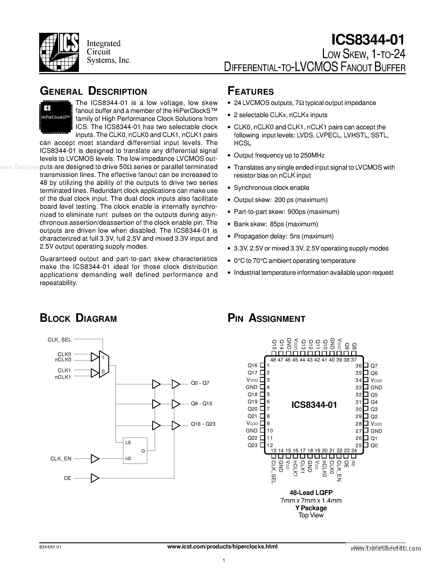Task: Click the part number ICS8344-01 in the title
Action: point(368,40)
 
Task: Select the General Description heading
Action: point(93,91)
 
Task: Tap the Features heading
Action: point(251,91)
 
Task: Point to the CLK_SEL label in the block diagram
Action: point(59,340)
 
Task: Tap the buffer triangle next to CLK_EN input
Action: point(95,459)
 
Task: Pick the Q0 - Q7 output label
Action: point(200,383)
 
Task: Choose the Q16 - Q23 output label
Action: point(203,424)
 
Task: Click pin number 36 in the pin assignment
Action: point(359,366)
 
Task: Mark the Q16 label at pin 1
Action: point(252,365)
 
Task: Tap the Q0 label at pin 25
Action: point(374,445)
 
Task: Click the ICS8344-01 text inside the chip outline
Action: point(314,405)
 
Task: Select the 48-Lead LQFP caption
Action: point(311,493)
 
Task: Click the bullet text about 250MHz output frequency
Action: point(279,155)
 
